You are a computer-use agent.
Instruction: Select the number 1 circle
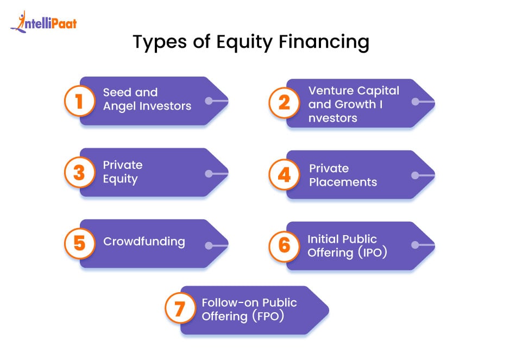click(79, 101)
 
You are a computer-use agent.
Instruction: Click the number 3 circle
click(79, 173)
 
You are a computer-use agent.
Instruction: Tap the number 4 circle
click(284, 175)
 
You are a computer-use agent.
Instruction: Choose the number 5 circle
click(79, 243)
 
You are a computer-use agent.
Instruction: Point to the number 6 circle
click(284, 245)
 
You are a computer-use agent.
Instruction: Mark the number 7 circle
click(180, 310)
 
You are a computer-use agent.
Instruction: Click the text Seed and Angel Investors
click(147, 99)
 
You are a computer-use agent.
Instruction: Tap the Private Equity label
click(123, 172)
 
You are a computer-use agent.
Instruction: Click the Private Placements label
click(343, 175)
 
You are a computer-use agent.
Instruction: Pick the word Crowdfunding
click(144, 242)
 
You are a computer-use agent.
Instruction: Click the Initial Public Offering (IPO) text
click(347, 245)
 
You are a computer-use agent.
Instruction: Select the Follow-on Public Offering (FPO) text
click(249, 310)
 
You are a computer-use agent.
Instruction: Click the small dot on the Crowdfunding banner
click(209, 246)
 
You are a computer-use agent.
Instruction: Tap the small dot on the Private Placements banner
click(415, 175)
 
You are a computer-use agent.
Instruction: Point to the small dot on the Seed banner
click(209, 101)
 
